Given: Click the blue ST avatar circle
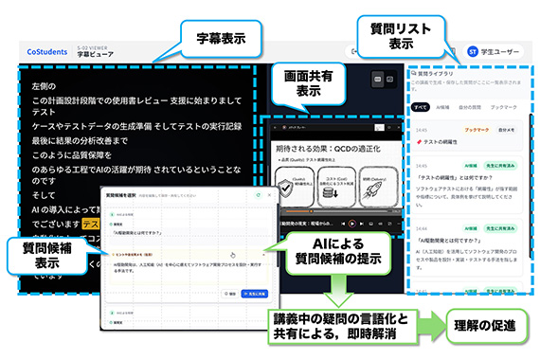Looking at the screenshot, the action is (x=473, y=51).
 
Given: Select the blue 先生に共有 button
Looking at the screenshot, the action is (x=254, y=295).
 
